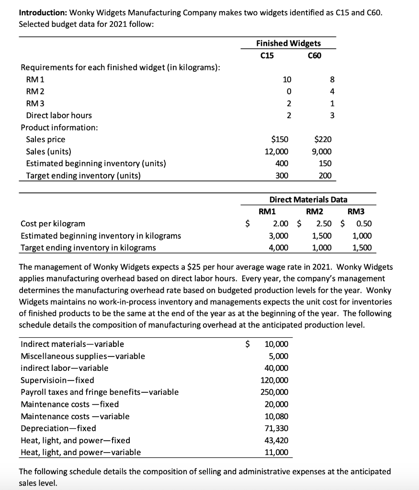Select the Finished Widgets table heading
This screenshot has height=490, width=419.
(289, 43)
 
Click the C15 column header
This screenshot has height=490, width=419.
(267, 56)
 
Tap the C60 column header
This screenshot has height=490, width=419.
(314, 56)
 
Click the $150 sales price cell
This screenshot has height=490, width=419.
(280, 139)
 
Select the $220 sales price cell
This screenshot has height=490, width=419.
(323, 139)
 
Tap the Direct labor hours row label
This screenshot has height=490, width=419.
(58, 115)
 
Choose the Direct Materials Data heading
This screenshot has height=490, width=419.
(308, 200)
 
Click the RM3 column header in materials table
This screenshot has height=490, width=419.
(356, 212)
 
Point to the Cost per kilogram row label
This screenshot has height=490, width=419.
(53, 223)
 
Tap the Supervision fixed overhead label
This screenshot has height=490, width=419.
(57, 380)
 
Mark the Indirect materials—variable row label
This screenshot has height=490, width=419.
(72, 344)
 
